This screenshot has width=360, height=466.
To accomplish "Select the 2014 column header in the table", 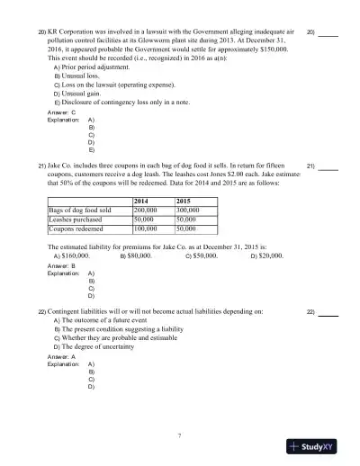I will [x=140, y=200].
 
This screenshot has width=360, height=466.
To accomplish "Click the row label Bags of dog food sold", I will [x=81, y=209].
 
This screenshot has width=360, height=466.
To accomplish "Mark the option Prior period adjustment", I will [x=95, y=67].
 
